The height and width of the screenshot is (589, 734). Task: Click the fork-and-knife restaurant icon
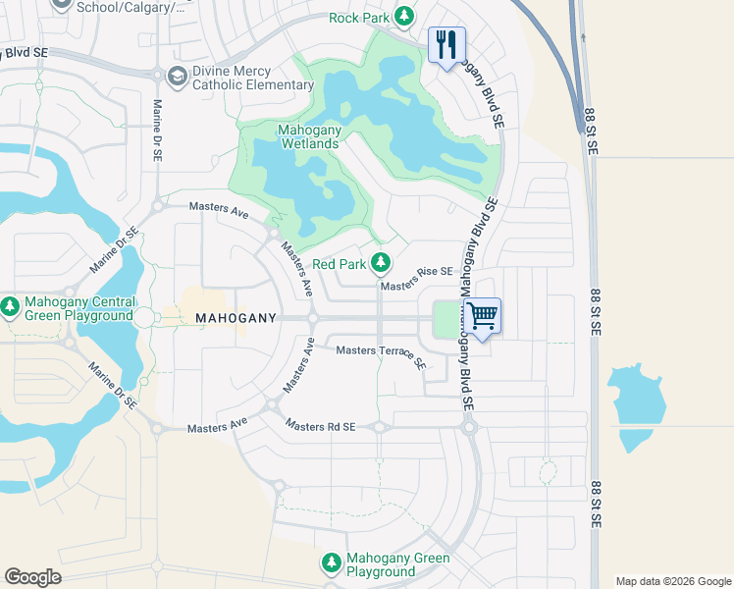pos(446,44)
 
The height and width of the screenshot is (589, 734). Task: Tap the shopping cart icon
pos(481,316)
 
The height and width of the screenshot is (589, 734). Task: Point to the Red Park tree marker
pos(382,263)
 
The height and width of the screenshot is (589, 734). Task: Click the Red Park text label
pos(339,264)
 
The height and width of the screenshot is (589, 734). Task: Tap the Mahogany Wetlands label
pos(294,136)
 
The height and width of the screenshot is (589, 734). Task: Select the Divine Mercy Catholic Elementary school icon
pos(178,77)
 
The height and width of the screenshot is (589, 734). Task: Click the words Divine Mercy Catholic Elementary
pos(253,78)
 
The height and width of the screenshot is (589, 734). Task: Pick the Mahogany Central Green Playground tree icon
pos(10,307)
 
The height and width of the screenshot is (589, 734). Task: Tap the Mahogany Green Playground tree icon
pos(332,564)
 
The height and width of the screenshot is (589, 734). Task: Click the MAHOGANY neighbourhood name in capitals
pos(236,318)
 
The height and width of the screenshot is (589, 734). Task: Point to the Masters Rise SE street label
pos(416,279)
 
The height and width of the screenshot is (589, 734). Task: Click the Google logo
pos(32,577)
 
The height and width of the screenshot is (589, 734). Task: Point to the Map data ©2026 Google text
pos(673,581)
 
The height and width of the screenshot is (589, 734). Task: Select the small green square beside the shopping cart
pos(447,318)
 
